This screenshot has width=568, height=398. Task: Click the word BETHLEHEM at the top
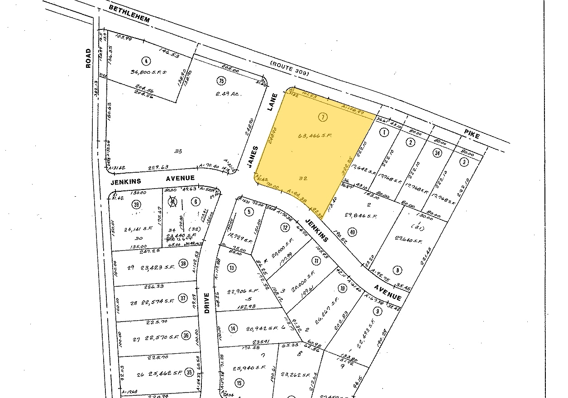(x=129, y=15)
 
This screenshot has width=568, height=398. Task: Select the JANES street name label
(x=253, y=156)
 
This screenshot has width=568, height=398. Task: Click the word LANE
(x=272, y=102)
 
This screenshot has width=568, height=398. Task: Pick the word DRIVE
(x=206, y=303)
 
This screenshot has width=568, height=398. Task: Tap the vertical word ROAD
(x=88, y=58)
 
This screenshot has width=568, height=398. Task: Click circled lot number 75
(x=221, y=81)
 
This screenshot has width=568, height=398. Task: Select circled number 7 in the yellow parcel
(x=323, y=117)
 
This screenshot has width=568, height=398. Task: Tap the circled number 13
(x=232, y=268)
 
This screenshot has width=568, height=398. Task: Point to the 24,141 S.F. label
(x=133, y=229)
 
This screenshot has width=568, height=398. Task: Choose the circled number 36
(x=186, y=335)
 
